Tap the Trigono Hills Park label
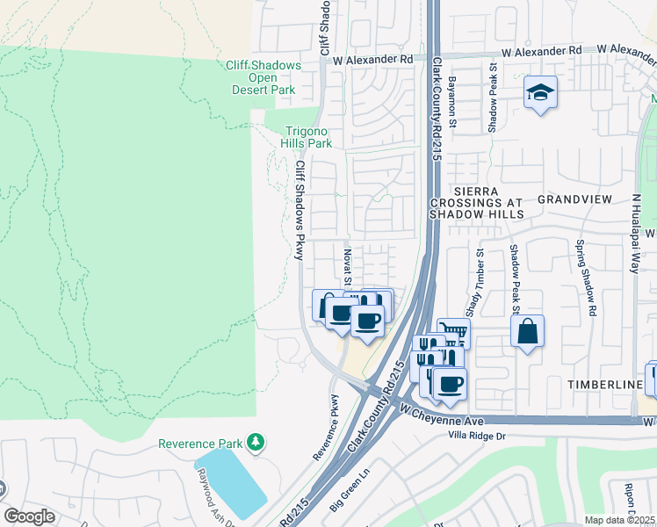[x=306, y=136]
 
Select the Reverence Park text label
[x=199, y=444]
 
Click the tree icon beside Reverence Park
[x=255, y=440]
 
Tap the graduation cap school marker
[x=540, y=92]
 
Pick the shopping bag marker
[x=527, y=332]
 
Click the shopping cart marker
[x=453, y=332]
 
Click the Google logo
[x=29, y=516]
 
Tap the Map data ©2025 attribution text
[x=620, y=520]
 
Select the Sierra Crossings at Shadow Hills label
[x=476, y=202]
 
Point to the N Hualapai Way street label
[x=634, y=233]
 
